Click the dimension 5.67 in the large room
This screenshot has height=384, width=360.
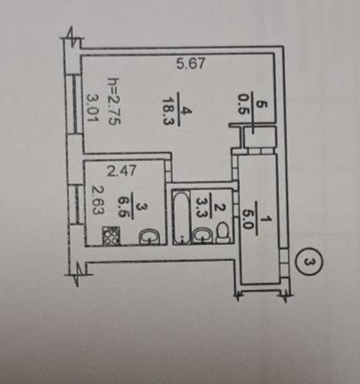point(190,64)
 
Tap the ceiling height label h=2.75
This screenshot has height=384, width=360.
point(114,102)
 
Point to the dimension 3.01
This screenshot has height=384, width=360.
point(92,107)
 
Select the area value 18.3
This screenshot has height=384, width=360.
point(167,111)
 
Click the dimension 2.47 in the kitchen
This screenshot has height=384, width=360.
point(121,171)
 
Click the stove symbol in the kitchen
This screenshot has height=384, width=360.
point(111,235)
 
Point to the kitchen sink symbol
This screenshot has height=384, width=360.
point(149,237)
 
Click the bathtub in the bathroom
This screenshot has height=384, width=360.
point(181,217)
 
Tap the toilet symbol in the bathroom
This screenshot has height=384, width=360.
point(224,233)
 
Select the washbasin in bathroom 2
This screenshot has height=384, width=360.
point(203,235)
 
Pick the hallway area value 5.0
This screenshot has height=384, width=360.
point(248,220)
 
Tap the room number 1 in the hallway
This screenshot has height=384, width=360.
point(268,219)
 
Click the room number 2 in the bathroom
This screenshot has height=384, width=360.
point(219,208)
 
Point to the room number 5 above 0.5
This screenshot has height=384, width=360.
point(263,104)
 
